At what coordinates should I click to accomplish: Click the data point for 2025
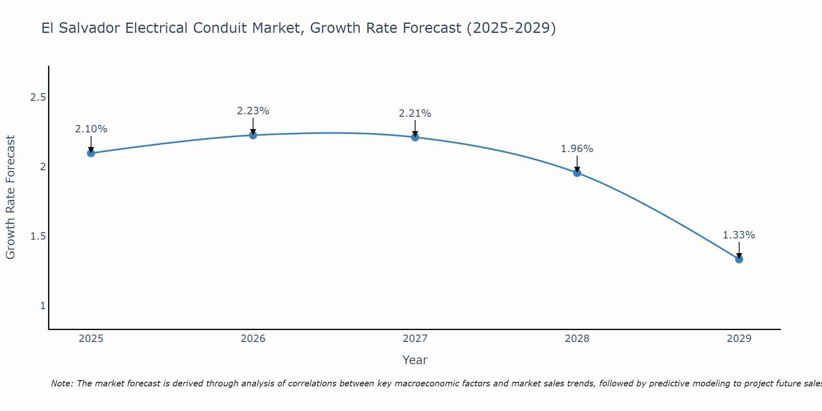(91, 153)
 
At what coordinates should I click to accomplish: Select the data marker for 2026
(253, 135)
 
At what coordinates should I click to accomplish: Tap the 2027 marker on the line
(415, 137)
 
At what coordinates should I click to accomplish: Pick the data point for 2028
(577, 173)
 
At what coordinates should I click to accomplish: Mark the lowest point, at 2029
(739, 259)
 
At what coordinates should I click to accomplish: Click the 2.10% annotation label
(91, 129)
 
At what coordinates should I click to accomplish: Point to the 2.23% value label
(253, 111)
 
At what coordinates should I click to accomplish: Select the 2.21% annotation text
(415, 113)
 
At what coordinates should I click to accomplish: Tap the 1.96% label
(577, 149)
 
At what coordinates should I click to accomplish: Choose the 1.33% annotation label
(739, 235)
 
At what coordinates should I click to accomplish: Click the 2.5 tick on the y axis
(38, 97)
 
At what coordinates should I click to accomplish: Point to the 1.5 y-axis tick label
(38, 236)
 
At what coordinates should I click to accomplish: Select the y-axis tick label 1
(43, 306)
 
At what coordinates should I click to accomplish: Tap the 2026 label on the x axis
(253, 339)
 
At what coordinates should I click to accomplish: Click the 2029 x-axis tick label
(739, 339)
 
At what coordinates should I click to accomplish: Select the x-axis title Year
(415, 360)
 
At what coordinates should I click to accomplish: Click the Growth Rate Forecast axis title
(10, 197)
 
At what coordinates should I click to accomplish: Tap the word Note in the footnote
(62, 383)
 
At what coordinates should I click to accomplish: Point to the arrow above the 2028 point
(577, 163)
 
